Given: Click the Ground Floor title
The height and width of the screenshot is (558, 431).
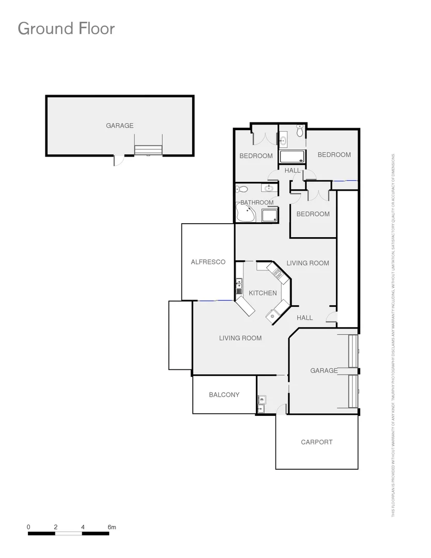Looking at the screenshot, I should pos(66,28).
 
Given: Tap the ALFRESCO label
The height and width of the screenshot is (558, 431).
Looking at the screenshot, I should pos(208,262).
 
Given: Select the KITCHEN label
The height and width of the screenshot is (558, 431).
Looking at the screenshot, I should pos(263,293).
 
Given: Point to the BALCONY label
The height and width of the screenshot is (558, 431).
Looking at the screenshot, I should pos(224,395).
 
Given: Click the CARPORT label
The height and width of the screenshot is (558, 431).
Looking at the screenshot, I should pos(317,442).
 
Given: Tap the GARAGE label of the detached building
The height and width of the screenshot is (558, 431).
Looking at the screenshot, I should pos(120,126).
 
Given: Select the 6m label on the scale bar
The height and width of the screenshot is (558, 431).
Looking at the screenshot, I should pos(112,527).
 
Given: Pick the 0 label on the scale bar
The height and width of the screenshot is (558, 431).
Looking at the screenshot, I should pos(28,527).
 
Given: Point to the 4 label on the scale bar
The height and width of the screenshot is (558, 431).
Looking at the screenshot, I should pos(83,527).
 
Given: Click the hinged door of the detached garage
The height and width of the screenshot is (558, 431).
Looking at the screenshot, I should pos(119,161).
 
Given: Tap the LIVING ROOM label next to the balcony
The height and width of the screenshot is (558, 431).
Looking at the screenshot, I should pos(240,338).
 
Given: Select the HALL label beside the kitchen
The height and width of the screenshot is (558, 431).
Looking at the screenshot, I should pos(305,318).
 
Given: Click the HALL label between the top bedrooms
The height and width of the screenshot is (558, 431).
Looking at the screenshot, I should pos(293,170).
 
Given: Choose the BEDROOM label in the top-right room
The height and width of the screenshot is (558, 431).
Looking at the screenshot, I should pos(334,154).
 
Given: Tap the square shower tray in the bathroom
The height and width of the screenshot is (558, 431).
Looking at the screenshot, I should pos(269,215).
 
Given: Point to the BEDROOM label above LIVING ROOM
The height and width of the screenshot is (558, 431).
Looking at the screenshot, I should pos(313,214).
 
